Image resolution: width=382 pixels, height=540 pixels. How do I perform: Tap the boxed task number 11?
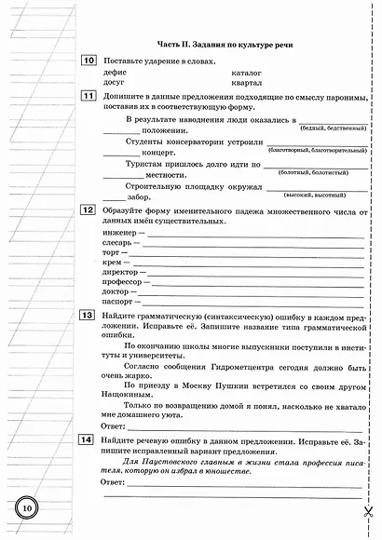tap(89, 96)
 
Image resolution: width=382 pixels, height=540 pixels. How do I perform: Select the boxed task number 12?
tap(89, 211)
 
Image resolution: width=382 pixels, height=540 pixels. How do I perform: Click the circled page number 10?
tap(27, 507)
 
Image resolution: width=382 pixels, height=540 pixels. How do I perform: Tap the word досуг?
tap(116, 82)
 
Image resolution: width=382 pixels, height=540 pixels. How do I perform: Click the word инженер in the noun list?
tap(119, 233)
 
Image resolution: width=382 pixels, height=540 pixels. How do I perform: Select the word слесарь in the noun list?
tap(119, 244)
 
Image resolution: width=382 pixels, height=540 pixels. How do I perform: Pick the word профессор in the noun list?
tap(124, 280)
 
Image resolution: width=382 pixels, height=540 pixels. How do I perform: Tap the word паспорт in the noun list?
tap(119, 304)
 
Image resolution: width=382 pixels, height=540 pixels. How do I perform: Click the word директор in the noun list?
tap(122, 268)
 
